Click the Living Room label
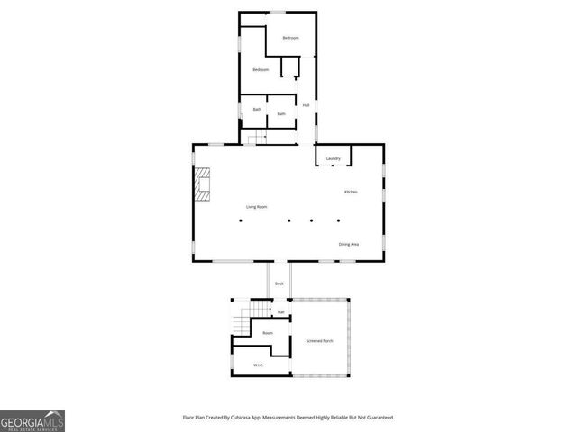[257, 207]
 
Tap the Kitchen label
[351, 193]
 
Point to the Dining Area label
[350, 245]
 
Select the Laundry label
[333, 159]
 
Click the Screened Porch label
[320, 341]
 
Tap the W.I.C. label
[258, 364]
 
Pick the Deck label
[279, 284]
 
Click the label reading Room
[268, 333]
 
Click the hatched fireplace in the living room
[206, 184]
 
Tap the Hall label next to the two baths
[307, 106]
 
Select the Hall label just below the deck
[280, 312]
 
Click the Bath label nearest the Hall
[281, 113]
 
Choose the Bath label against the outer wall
[256, 110]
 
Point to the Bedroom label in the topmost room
[290, 38]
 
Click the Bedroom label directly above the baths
[261, 69]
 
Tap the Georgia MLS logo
[32, 421]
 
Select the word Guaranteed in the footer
[377, 418]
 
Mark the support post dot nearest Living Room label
[241, 220]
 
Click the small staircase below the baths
[258, 138]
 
